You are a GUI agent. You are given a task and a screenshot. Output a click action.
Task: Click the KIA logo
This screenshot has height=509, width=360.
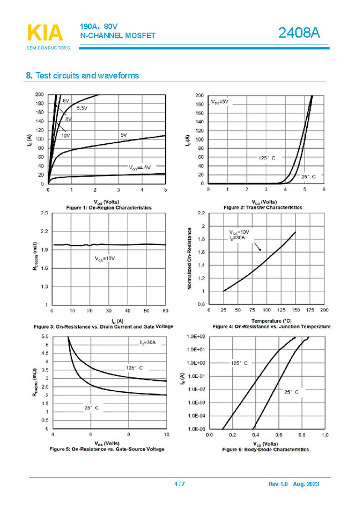tap(45, 33)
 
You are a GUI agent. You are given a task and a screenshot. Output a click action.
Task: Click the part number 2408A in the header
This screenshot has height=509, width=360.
tap(300, 33)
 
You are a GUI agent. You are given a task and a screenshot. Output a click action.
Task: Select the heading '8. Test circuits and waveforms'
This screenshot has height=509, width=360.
tap(83, 75)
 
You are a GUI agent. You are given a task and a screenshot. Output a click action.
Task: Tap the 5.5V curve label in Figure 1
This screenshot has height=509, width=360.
tap(82, 108)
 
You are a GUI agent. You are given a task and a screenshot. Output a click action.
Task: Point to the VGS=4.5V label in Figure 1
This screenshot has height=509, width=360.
tap(140, 167)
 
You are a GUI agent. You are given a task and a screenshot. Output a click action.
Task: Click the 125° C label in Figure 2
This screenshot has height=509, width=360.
tap(266, 158)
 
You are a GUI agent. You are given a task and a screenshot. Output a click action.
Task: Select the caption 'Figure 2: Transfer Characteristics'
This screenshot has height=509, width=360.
tap(262, 207)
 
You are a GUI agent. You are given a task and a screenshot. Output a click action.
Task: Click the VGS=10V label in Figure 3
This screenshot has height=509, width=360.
tap(104, 259)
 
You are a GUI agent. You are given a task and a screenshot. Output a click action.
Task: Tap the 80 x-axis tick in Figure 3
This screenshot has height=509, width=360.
tap(165, 311)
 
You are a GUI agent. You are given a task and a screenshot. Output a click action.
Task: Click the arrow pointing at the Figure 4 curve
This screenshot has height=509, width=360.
tap(257, 245)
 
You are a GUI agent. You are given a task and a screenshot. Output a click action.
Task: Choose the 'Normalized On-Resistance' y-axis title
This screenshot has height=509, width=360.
tap(190, 258)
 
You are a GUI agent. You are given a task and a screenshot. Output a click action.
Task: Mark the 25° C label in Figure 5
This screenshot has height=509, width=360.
tap(92, 408)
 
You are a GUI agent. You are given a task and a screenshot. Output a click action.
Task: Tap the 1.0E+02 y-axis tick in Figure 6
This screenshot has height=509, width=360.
tap(196, 337)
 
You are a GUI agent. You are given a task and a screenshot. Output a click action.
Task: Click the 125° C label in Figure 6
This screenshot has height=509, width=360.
tap(239, 362)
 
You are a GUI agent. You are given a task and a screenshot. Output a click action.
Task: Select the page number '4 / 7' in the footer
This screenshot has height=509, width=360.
tap(179, 485)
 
